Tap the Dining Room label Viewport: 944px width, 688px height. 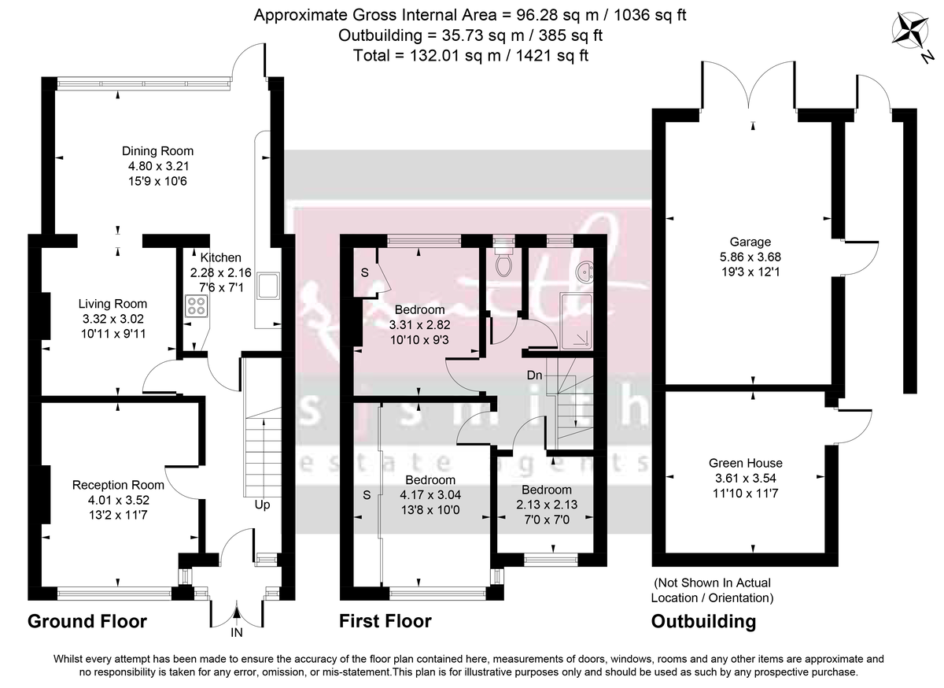click(x=157, y=151)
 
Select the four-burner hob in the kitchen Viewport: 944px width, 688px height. click(x=195, y=306)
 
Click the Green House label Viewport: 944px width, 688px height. click(x=745, y=463)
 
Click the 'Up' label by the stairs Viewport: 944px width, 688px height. click(x=262, y=505)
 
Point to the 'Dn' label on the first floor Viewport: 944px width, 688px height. click(x=534, y=375)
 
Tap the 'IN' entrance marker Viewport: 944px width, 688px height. click(x=236, y=632)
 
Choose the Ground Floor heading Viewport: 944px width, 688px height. click(x=87, y=621)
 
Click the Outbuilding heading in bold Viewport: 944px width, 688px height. click(x=703, y=621)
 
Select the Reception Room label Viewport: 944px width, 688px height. click(x=118, y=485)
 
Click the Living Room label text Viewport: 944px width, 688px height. click(x=112, y=304)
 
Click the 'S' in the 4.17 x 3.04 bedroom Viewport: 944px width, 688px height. click(x=366, y=496)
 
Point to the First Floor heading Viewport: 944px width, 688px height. click(x=385, y=621)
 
